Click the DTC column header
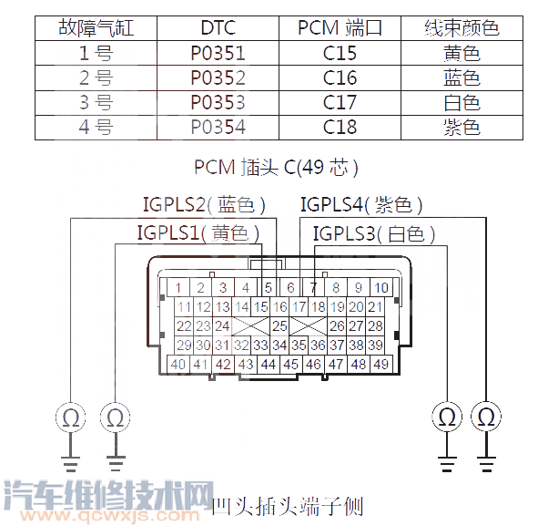(x=218, y=28)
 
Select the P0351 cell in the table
(x=218, y=53)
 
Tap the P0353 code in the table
(x=218, y=102)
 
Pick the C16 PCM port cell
(x=340, y=77)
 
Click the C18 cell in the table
(x=340, y=127)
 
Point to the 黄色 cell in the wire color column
(x=462, y=53)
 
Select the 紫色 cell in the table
(x=462, y=127)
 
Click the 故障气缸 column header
(x=96, y=28)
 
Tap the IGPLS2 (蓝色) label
(x=204, y=205)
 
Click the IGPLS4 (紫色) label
(x=361, y=205)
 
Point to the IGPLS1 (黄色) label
(x=198, y=233)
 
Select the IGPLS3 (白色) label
(x=373, y=234)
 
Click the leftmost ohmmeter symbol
(x=70, y=418)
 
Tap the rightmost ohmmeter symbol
(x=488, y=418)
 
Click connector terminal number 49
(x=381, y=364)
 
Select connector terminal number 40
(x=178, y=364)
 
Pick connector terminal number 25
(x=280, y=325)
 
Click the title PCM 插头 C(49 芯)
(x=276, y=168)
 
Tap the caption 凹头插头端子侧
(x=287, y=504)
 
